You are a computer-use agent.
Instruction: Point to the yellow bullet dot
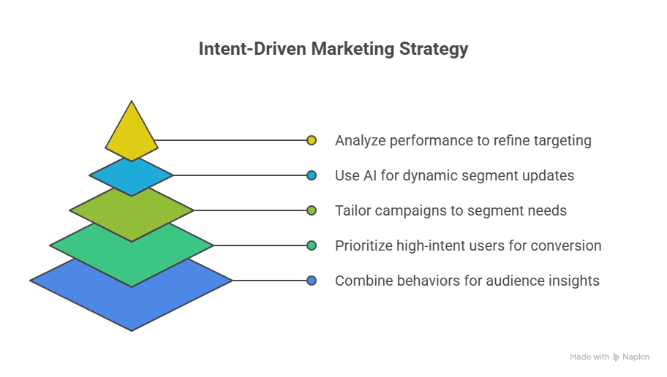point(312,140)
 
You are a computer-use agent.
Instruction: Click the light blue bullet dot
point(312,175)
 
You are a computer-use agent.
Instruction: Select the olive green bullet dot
point(312,210)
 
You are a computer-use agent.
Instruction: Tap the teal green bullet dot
point(312,245)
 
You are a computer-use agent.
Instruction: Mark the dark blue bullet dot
point(312,281)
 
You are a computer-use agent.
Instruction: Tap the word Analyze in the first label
point(358,140)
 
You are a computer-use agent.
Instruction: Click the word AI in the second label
point(372,175)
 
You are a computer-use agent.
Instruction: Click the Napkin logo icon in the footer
point(617,357)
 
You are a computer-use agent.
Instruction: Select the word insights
point(575,281)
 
